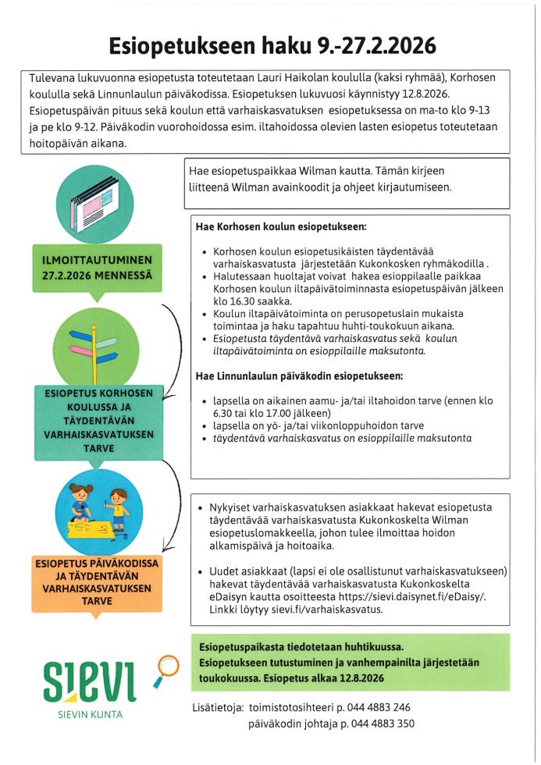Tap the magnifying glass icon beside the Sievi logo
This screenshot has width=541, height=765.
[166, 667]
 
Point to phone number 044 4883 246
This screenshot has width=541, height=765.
[370, 707]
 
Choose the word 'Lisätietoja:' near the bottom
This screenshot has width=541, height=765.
[216, 707]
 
